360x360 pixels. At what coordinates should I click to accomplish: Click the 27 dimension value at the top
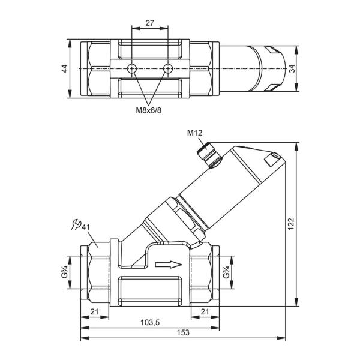tap(149, 23)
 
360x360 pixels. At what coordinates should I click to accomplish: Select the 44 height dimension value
tap(65, 68)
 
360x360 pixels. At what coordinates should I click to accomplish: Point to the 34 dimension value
tap(292, 68)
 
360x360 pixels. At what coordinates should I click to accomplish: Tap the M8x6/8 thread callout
tap(149, 110)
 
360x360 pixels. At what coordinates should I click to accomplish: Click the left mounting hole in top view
tap(132, 68)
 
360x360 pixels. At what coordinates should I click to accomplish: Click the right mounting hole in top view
tap(168, 68)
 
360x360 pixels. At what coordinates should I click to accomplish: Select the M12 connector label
tap(194, 133)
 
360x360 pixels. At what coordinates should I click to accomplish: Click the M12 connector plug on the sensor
tap(209, 155)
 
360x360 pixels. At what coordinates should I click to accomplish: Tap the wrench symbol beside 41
tap(76, 224)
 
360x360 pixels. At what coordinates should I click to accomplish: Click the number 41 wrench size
tap(86, 227)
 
